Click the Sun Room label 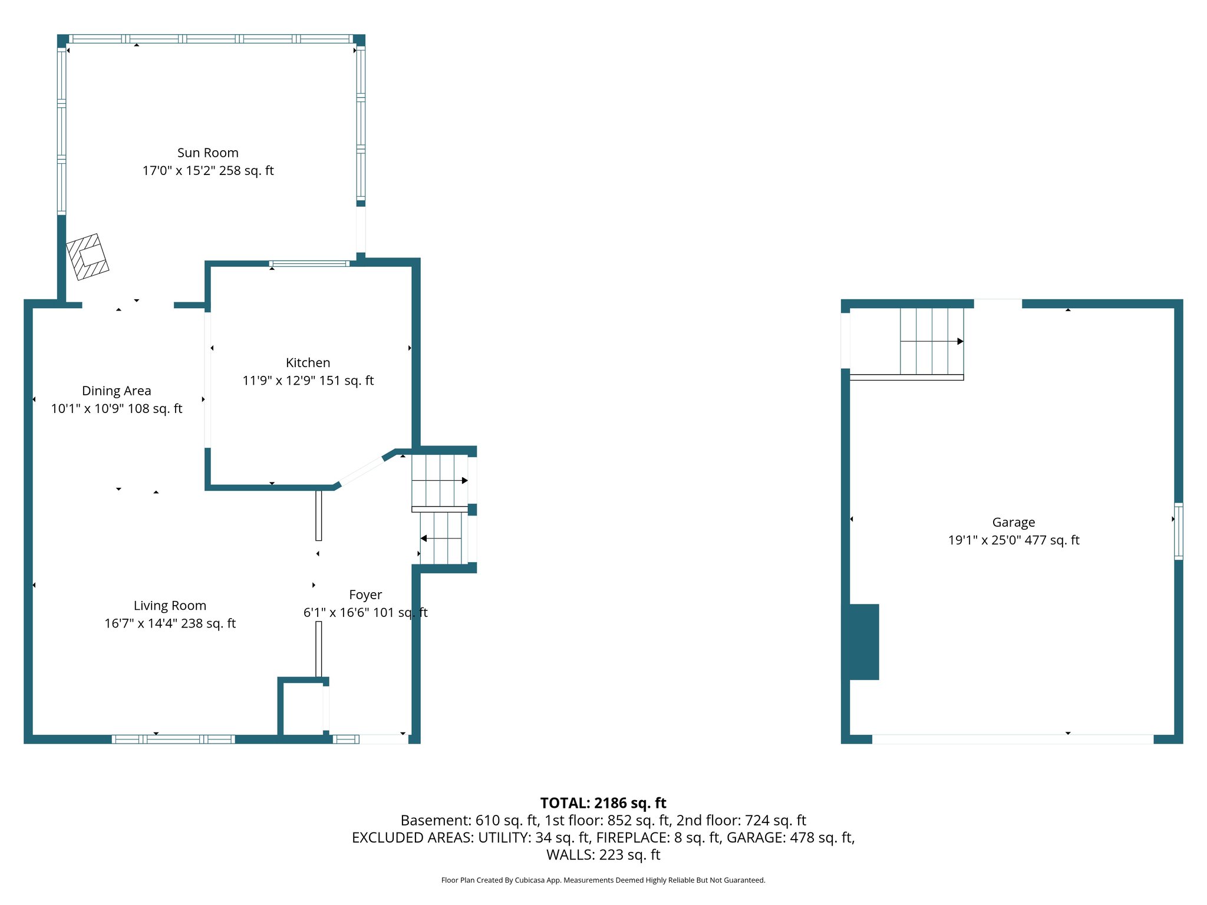tap(207, 153)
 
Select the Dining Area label tap(116, 391)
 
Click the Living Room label tap(170, 606)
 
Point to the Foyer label tap(365, 595)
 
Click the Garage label tap(1013, 523)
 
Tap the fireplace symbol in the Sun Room tap(87, 257)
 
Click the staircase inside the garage tap(931, 341)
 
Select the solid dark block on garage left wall tap(864, 642)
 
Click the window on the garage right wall tap(1178, 531)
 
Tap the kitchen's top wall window tap(309, 263)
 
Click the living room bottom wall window tap(173, 739)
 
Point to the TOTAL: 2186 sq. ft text tap(603, 803)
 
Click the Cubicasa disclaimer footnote tap(603, 880)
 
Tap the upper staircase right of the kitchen tap(440, 480)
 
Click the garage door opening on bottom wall tap(1012, 739)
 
